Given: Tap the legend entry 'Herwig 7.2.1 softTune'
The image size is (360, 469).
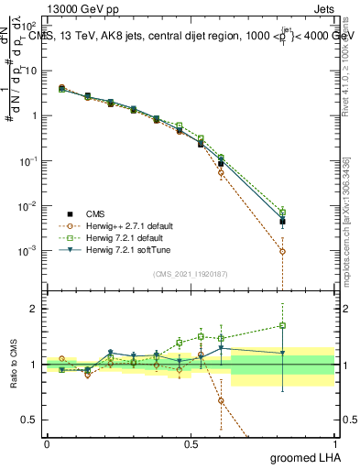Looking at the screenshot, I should tap(106, 249).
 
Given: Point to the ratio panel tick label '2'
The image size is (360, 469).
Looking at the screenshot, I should tap(37, 309).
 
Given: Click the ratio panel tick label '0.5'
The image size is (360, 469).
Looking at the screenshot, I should tap(32, 420).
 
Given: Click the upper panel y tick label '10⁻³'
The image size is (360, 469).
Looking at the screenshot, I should tap(31, 250).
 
